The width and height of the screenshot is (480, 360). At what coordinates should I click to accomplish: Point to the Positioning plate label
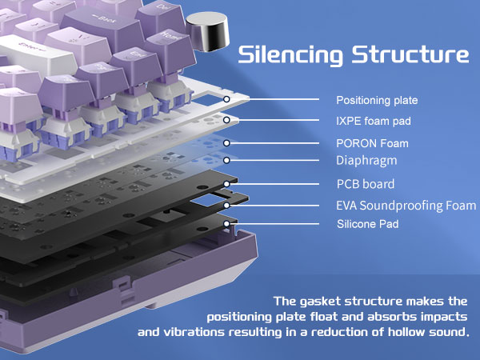[x=377, y=101]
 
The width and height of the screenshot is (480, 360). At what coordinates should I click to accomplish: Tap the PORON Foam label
[x=371, y=143]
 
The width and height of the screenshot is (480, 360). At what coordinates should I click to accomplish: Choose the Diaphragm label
[x=366, y=161]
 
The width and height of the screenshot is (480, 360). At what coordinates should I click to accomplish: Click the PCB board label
[x=365, y=184]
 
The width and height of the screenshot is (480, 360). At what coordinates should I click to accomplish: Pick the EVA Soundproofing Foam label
[x=400, y=206]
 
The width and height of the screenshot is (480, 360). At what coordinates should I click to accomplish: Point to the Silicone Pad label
[x=367, y=225]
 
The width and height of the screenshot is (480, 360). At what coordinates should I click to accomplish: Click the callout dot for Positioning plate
[x=227, y=101]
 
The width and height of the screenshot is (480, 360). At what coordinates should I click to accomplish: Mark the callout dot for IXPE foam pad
[x=227, y=121]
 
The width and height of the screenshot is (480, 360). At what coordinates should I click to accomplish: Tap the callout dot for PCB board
[x=227, y=184]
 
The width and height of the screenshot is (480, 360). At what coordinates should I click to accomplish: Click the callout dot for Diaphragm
[x=227, y=161]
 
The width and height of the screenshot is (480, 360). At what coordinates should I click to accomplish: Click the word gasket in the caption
[x=328, y=302]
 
